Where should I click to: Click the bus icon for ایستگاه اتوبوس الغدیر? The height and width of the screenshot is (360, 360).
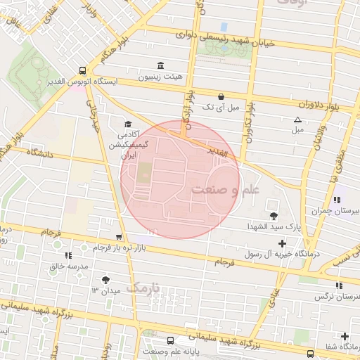83,70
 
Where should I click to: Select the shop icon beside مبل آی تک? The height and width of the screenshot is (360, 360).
221,96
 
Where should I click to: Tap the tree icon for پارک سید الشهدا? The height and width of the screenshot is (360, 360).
274,215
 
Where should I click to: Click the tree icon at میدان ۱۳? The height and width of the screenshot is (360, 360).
105,279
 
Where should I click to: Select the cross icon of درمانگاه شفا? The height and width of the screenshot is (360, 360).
345,337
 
